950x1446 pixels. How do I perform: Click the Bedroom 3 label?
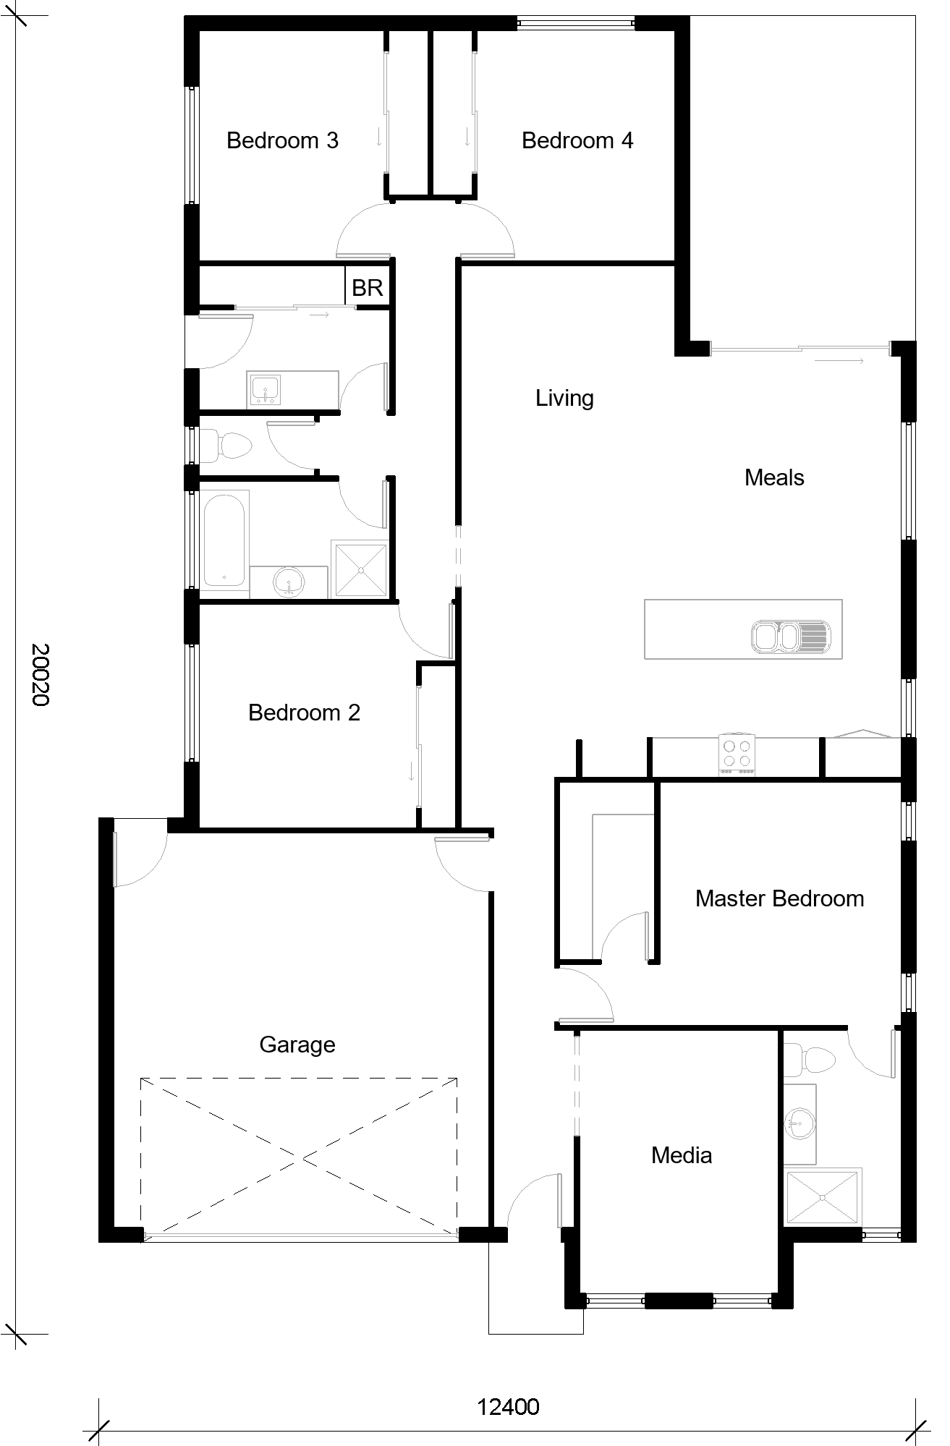[282, 140]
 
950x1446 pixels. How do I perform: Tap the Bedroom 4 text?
[577, 140]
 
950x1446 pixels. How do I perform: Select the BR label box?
[367, 288]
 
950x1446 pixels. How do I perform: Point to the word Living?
[564, 399]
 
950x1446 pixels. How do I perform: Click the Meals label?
[774, 477]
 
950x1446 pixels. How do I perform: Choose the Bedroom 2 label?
[304, 713]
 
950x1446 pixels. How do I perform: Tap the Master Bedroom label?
[779, 898]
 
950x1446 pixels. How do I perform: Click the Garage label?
[297, 1045]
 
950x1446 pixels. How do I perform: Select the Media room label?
[681, 1155]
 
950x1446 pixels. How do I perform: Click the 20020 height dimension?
[40, 674]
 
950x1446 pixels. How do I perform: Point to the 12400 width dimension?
[508, 1407]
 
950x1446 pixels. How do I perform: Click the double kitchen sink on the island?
[792, 637]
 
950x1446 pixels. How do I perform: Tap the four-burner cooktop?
[737, 754]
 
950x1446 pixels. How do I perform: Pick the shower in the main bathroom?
[360, 569]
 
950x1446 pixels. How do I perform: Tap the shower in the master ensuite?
[824, 1197]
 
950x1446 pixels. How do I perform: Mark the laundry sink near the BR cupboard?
[266, 391]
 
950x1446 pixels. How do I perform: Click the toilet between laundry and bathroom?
[225, 445]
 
